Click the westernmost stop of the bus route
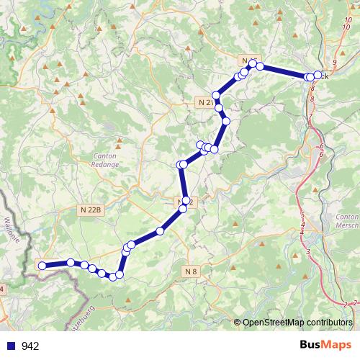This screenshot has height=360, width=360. pyautogui.click(x=42, y=266)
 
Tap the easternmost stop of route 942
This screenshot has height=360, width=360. pyautogui.click(x=318, y=75)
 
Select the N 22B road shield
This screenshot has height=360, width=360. pyautogui.click(x=91, y=210)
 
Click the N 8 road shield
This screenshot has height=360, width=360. pyautogui.click(x=190, y=271)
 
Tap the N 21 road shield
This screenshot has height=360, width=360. pyautogui.click(x=204, y=103)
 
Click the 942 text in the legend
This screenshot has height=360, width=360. pyautogui.click(x=31, y=346)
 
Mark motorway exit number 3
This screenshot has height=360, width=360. pyautogui.click(x=308, y=251)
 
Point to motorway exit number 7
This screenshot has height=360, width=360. pyautogui.click(x=310, y=116)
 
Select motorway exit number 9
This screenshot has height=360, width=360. pyautogui.click(x=335, y=63)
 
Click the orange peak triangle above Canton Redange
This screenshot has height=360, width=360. pyautogui.click(x=119, y=141)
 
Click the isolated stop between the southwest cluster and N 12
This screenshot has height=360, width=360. pyautogui.click(x=160, y=230)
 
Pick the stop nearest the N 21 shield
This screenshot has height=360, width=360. pyautogui.click(x=216, y=96)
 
